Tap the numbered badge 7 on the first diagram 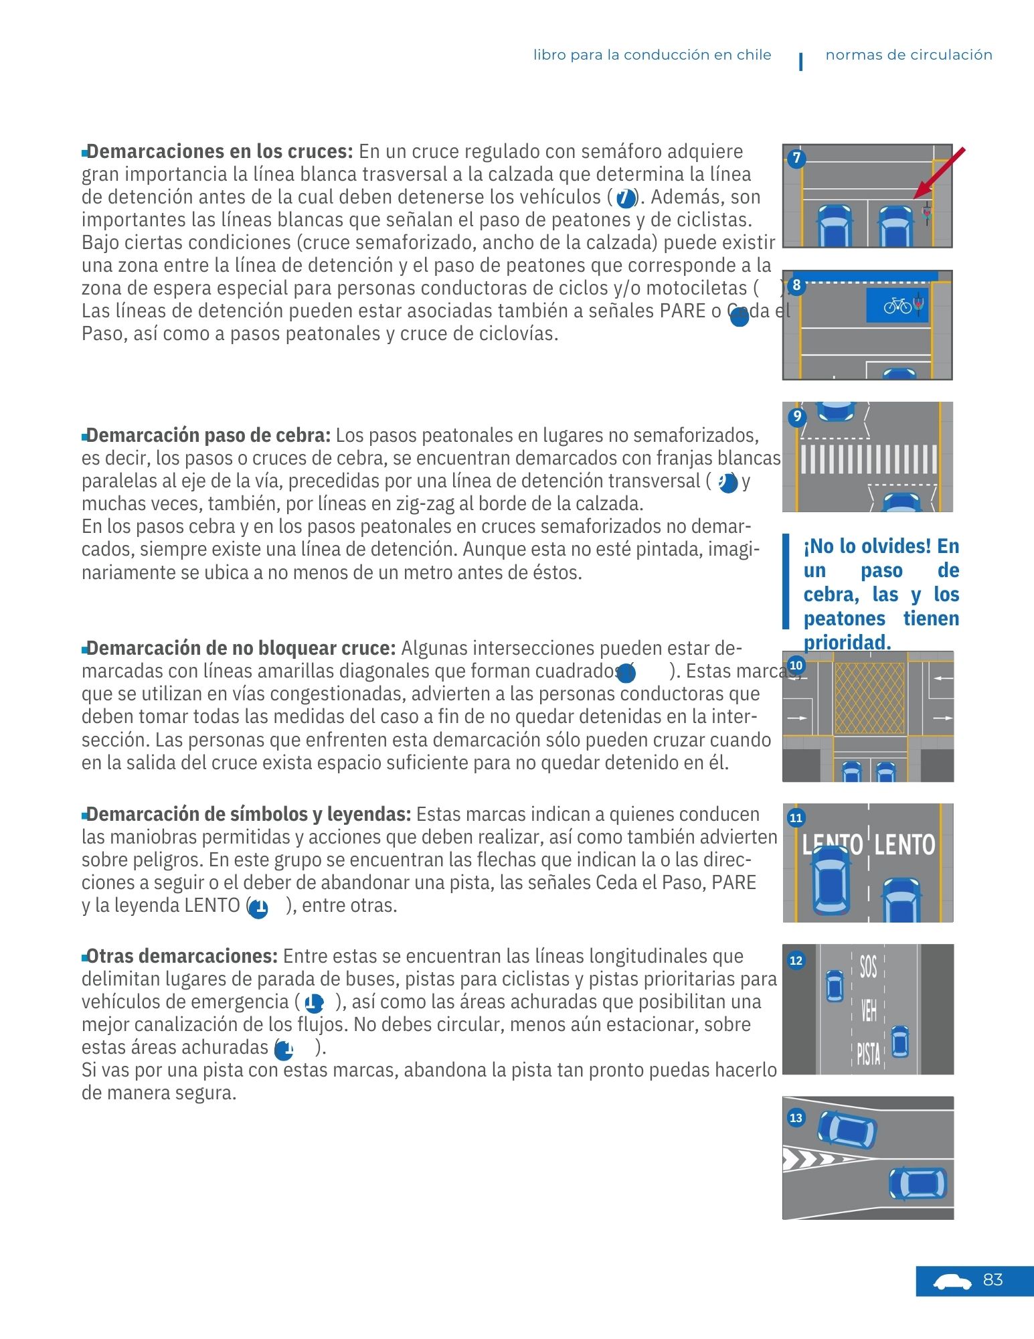click(x=796, y=159)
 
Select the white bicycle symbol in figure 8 click(x=897, y=306)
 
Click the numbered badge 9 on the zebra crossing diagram click(x=796, y=416)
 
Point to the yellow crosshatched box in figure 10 click(x=869, y=698)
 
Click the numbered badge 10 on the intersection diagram click(x=796, y=665)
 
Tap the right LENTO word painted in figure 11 click(x=904, y=844)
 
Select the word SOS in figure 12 click(x=868, y=967)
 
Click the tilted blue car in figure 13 click(x=847, y=1130)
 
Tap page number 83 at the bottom click(x=993, y=1280)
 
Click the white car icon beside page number click(x=952, y=1281)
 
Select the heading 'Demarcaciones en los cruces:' click(x=220, y=151)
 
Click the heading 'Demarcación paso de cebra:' click(x=208, y=435)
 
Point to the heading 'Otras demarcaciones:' click(x=181, y=956)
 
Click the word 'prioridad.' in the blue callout click(x=847, y=643)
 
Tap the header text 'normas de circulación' click(x=908, y=55)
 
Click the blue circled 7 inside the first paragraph click(x=625, y=198)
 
